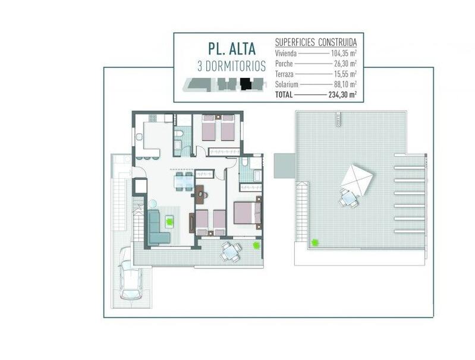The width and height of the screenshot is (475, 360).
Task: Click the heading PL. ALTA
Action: point(232,49)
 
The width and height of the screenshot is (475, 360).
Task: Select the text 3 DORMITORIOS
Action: point(231,67)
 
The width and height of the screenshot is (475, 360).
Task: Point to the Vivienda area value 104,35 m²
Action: point(344,53)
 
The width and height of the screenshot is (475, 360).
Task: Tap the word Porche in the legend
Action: point(284,64)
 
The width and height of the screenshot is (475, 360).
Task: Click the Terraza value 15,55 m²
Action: point(344,74)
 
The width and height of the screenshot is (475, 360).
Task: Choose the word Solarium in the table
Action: point(287,84)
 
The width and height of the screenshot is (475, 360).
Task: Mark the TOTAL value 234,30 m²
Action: point(342,95)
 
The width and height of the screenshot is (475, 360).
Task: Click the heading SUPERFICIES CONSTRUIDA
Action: point(316,43)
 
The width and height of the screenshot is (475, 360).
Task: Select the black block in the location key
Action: point(246,84)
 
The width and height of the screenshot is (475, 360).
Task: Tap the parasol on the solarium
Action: point(357,181)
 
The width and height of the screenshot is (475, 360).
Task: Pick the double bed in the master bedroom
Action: point(247,213)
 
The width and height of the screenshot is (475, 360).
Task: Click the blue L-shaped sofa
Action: point(158,227)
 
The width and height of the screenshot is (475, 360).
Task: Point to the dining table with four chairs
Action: point(184,182)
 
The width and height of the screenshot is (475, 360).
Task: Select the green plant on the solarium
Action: point(315,242)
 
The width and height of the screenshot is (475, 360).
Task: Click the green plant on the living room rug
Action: point(169,222)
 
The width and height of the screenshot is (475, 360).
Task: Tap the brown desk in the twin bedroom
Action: point(200,195)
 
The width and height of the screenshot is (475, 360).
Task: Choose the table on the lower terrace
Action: point(230,252)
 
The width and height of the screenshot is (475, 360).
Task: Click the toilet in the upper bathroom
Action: point(178,133)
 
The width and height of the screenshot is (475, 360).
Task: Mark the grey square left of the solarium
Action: point(284,166)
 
